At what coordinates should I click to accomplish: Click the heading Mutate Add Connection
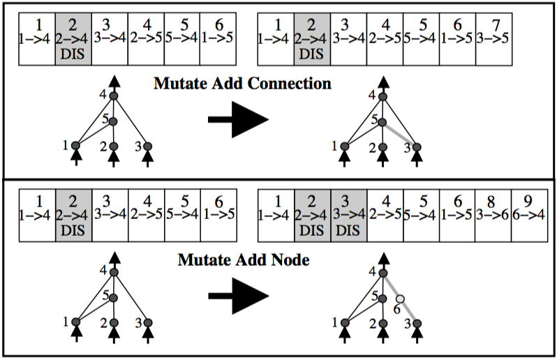point(243,84)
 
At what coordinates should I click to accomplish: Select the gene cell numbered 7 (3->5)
point(493,39)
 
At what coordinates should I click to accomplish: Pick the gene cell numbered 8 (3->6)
point(493,216)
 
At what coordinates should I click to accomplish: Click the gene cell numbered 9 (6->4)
point(530,216)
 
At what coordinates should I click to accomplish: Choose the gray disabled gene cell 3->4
point(349,216)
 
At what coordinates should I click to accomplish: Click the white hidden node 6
point(401,299)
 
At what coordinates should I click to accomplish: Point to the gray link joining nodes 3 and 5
point(400,135)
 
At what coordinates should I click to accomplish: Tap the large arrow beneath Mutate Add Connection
point(238,119)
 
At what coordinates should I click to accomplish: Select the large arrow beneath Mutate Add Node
point(238,296)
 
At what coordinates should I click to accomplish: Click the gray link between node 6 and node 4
point(391,286)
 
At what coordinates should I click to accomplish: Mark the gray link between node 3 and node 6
point(409,311)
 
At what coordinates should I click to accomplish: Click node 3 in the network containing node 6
point(417,324)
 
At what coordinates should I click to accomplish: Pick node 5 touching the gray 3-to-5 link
point(383,123)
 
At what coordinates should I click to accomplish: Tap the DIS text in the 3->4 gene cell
point(348,231)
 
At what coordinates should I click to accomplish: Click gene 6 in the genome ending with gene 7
point(458,39)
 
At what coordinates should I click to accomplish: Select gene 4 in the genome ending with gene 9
point(385,216)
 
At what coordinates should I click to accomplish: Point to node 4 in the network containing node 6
point(383,273)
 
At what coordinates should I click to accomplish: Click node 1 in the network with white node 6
point(345,323)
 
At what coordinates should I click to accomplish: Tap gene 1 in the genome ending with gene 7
point(276,39)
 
